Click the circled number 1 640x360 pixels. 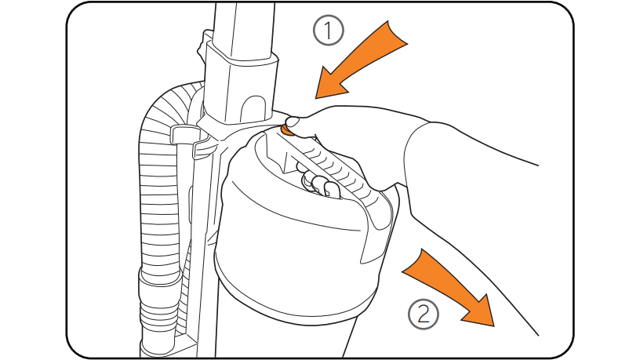(328, 30)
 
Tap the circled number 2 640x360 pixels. (424, 315)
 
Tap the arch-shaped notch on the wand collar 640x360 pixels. (253, 109)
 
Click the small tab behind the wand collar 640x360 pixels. (202, 43)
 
